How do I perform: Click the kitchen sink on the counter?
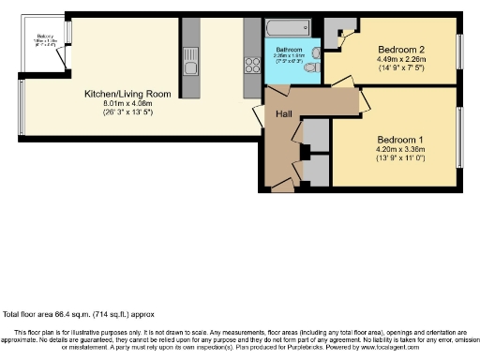click(191, 67)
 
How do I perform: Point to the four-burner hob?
click(251, 66)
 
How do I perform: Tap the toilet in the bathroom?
click(315, 67)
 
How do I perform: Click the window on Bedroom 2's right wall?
click(459, 49)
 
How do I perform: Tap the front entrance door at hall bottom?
click(281, 187)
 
